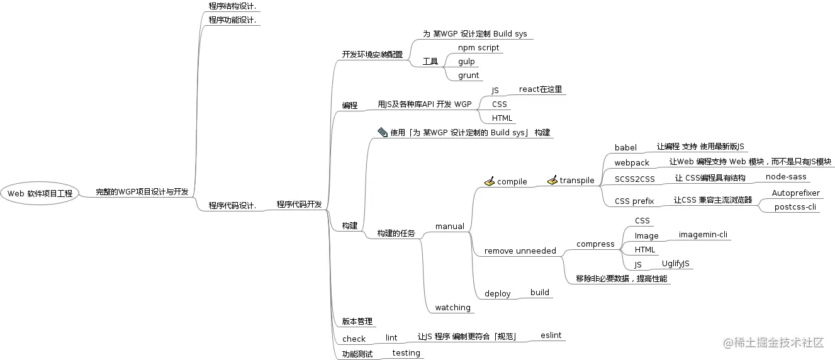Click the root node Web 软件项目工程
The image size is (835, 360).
pyautogui.click(x=40, y=193)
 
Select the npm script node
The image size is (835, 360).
pyautogui.click(x=478, y=48)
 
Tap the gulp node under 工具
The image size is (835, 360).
pyautogui.click(x=466, y=62)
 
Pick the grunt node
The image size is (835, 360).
pyautogui.click(x=468, y=76)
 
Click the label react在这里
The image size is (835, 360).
pyautogui.click(x=540, y=89)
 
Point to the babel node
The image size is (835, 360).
pyautogui.click(x=625, y=148)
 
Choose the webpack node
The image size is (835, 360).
pyautogui.click(x=632, y=163)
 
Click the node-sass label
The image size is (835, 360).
pyautogui.click(x=785, y=177)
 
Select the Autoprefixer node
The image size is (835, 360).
pyautogui.click(x=795, y=193)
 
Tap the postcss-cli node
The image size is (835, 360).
pyautogui.click(x=795, y=207)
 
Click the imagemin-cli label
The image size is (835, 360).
pyautogui.click(x=703, y=235)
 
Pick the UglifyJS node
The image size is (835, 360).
pyautogui.click(x=675, y=264)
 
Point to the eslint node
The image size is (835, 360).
pyautogui.click(x=551, y=335)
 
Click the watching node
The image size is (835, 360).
pyautogui.click(x=452, y=308)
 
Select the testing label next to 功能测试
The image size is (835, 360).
pyautogui.click(x=406, y=353)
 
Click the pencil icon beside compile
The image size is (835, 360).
pyautogui.click(x=490, y=181)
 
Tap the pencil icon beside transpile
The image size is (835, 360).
pyautogui.click(x=552, y=181)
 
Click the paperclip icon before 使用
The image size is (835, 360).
pyautogui.click(x=383, y=132)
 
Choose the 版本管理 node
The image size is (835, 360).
pyautogui.click(x=357, y=322)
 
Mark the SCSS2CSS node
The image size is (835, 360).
pyautogui.click(x=634, y=179)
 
